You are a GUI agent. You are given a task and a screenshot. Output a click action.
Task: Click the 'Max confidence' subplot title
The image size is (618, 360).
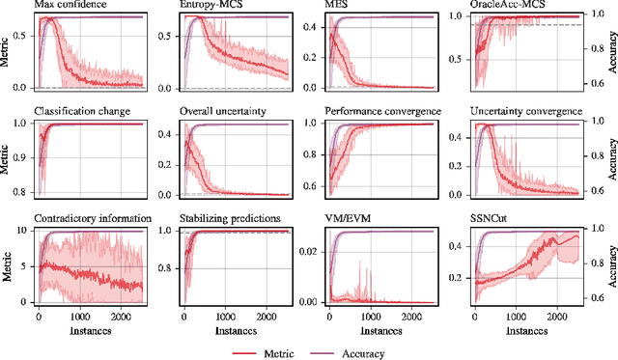[x=70, y=6]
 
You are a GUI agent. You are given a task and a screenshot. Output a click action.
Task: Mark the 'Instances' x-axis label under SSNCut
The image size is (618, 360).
[x=517, y=329]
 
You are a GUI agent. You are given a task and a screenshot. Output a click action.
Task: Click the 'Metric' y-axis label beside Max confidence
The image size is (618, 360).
[x=8, y=50]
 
